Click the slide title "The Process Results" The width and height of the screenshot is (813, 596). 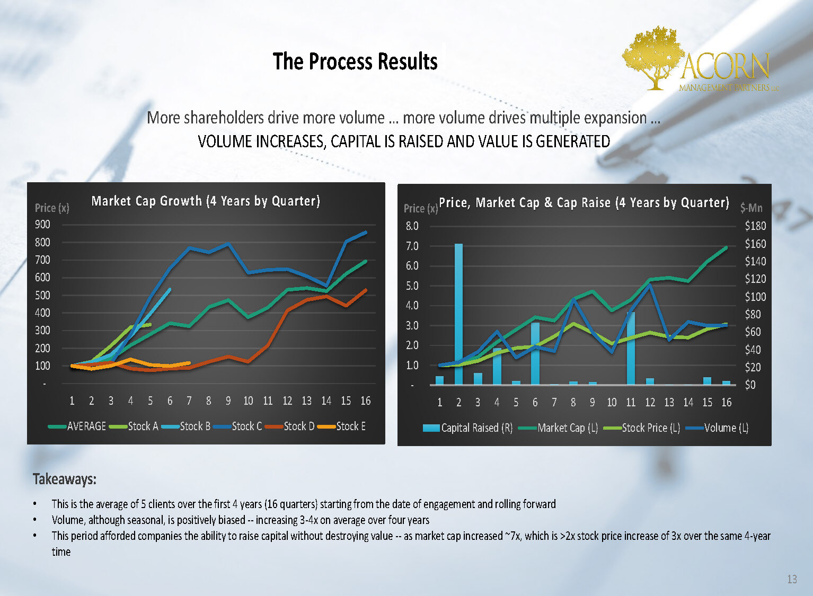[355, 61]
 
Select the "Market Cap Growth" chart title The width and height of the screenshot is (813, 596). [206, 201]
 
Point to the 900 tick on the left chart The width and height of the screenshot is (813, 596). [42, 225]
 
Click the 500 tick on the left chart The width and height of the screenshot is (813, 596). [42, 295]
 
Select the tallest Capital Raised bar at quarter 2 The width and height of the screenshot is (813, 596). [458, 314]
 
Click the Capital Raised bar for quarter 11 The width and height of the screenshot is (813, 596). [631, 348]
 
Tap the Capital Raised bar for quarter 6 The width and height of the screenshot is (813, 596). [535, 353]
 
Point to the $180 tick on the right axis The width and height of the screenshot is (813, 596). [755, 226]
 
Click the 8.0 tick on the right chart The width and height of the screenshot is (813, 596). [412, 226]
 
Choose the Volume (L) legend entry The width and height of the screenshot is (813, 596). [726, 428]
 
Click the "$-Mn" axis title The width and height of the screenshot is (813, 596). [751, 208]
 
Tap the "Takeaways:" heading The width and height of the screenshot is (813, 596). [65, 479]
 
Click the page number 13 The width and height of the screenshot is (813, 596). [792, 579]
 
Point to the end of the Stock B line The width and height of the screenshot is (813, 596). [170, 289]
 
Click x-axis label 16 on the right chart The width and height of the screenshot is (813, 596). [726, 403]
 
